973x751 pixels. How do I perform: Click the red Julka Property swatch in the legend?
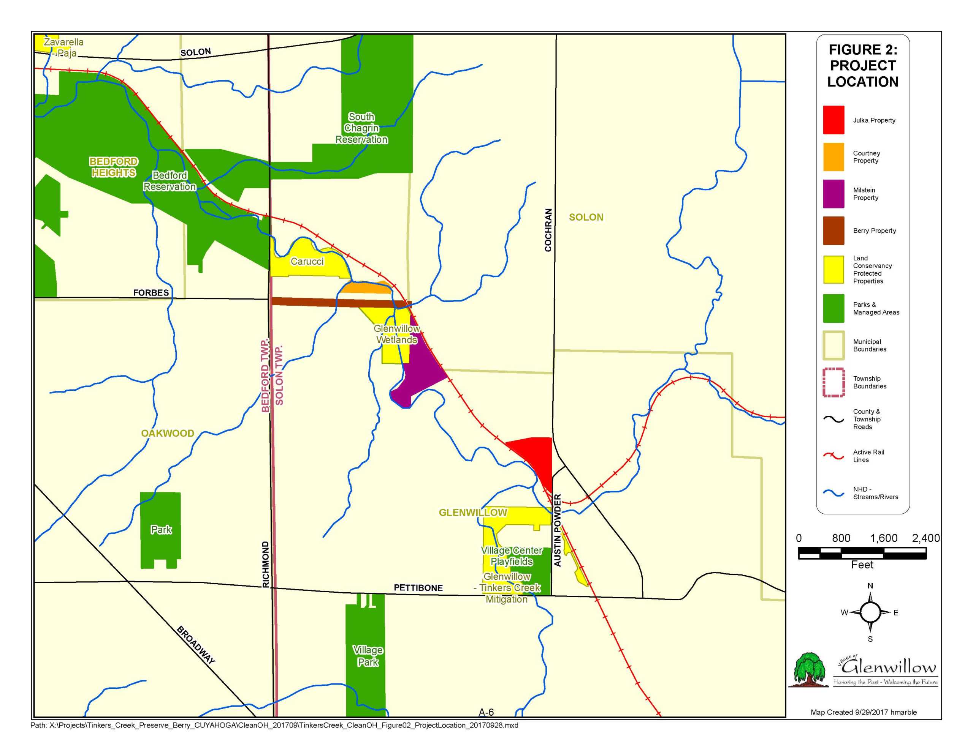[833, 120]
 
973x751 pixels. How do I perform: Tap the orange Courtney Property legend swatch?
[833, 157]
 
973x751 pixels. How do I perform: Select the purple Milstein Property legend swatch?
[833, 194]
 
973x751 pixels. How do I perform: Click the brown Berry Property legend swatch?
[833, 230]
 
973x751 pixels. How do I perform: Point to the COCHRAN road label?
[548, 230]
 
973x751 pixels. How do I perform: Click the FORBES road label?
[151, 292]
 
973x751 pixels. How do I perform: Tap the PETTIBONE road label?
[418, 588]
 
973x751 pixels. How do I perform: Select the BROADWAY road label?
[196, 645]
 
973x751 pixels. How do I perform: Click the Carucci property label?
[307, 261]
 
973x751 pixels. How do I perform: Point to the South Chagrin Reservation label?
[361, 128]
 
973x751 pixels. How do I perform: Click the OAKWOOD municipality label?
[168, 433]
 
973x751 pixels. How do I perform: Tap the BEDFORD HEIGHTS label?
[114, 167]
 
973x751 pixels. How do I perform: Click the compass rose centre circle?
[870, 612]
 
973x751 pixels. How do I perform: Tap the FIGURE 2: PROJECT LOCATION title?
[862, 66]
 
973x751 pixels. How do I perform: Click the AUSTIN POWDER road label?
[557, 530]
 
